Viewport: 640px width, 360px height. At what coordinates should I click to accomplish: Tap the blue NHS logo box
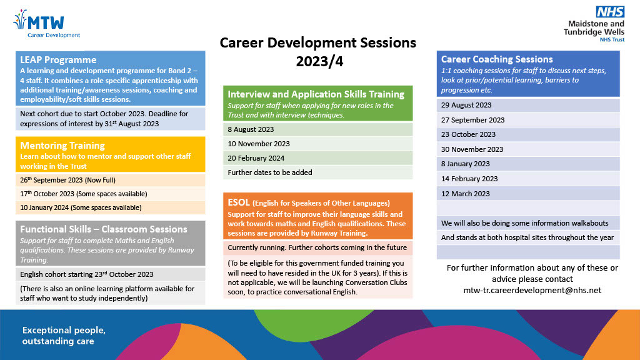609,12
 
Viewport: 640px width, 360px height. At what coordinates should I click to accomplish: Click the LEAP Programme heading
58,60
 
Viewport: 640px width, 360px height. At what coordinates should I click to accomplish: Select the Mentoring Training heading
62,145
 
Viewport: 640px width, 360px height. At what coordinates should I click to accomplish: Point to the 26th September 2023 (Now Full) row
74,180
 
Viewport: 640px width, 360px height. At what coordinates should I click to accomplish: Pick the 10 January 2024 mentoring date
81,207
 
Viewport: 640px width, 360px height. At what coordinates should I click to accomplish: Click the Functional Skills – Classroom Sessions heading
104,229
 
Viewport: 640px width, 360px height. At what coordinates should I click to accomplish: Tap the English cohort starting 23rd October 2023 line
87,274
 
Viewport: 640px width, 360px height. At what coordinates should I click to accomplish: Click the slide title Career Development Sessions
317,43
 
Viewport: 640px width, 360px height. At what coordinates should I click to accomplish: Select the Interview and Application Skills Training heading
316,94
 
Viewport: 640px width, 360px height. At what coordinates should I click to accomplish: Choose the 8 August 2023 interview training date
251,129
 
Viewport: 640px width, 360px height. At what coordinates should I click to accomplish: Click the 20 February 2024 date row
256,157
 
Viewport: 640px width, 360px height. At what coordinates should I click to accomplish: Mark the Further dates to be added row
270,172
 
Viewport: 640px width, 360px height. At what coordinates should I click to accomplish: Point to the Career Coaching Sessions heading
497,59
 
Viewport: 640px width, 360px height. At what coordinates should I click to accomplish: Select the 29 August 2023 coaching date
466,105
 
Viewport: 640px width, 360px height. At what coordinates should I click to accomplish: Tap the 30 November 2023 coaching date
472,149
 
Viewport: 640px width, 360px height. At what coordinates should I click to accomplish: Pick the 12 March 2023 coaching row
466,194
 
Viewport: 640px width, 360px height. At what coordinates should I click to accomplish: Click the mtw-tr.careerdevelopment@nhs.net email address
532,290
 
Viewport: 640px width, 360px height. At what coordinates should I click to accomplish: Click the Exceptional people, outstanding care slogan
64,335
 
